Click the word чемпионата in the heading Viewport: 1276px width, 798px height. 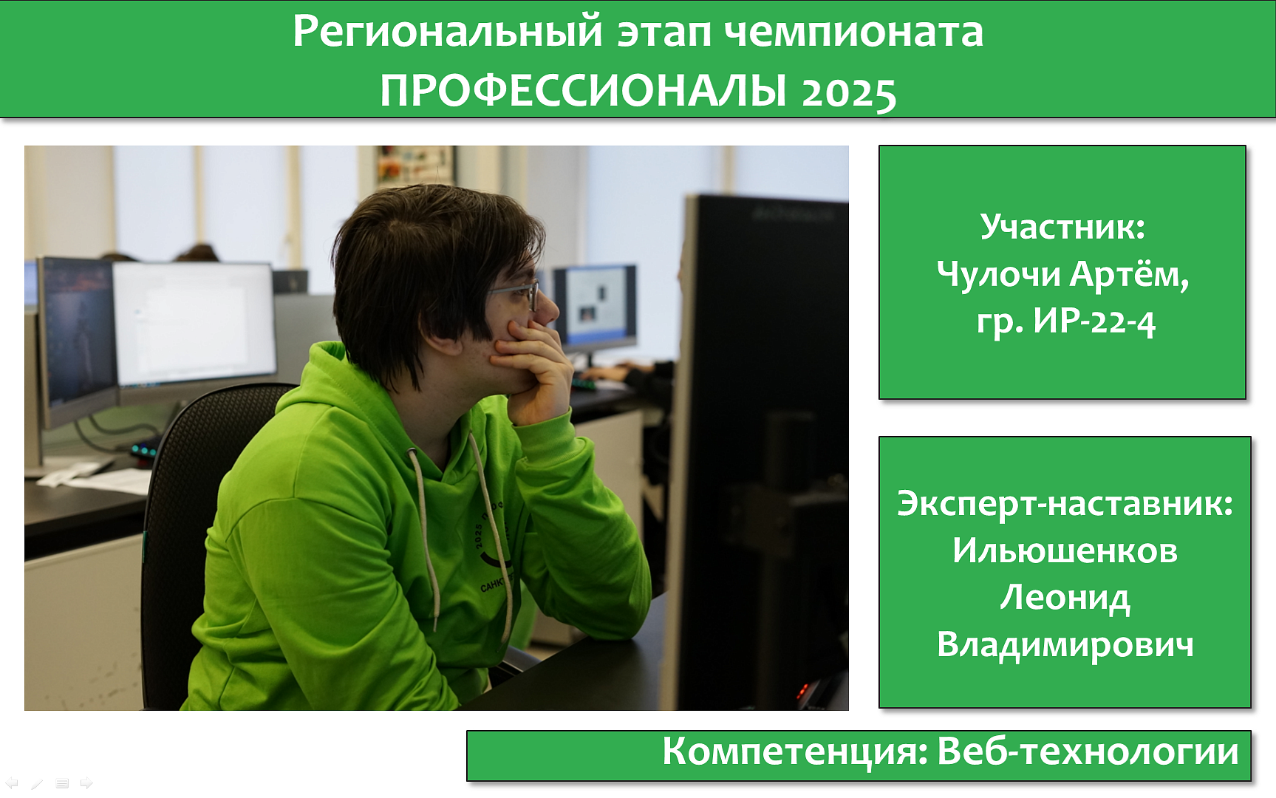click(x=854, y=33)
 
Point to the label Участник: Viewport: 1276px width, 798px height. click(x=1062, y=226)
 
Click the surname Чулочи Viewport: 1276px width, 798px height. click(x=998, y=274)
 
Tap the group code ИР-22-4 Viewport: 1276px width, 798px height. click(x=1094, y=321)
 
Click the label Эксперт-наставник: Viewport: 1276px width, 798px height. click(x=1065, y=504)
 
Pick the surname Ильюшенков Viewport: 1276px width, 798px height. click(x=1065, y=550)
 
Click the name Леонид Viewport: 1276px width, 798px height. click(x=1065, y=598)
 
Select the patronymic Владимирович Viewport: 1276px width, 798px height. click(x=1065, y=644)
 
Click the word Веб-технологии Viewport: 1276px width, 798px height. click(x=1088, y=751)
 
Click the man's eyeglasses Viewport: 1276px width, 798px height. click(x=514, y=294)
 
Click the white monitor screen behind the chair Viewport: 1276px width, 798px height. click(x=194, y=324)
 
